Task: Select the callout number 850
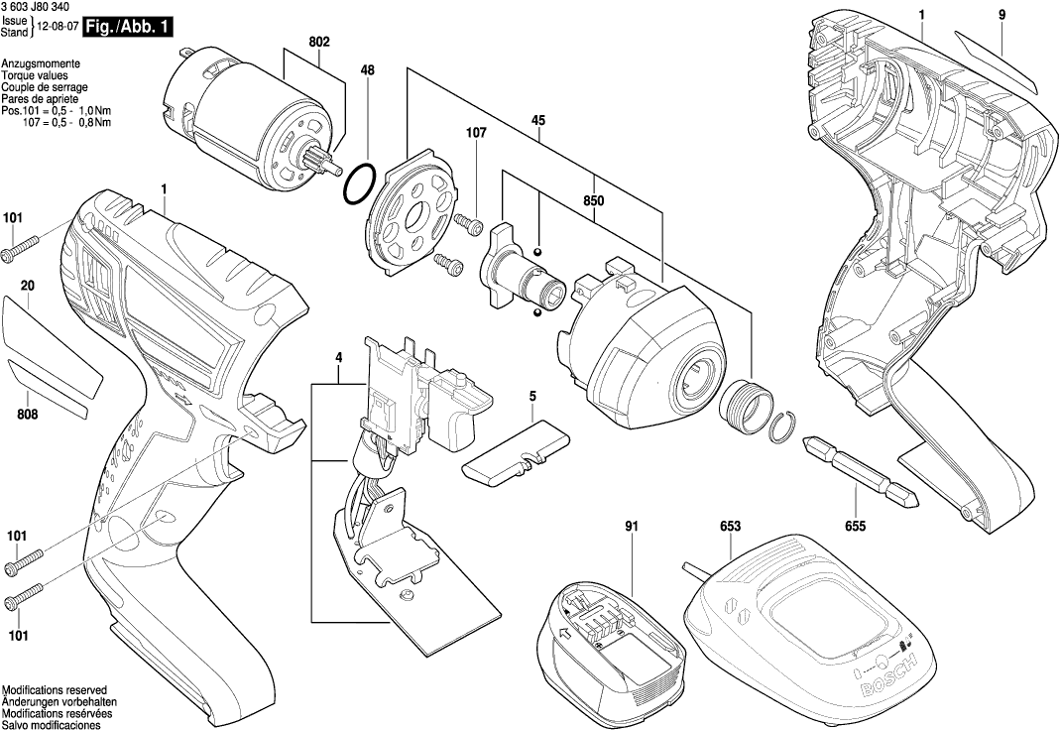tap(594, 199)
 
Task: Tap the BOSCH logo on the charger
tap(898, 679)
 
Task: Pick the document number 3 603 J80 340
tap(42, 8)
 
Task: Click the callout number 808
tap(27, 414)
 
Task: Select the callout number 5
tap(532, 397)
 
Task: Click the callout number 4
tap(338, 356)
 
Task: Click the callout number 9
tap(1001, 14)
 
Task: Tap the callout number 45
tap(537, 121)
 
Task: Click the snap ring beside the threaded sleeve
tap(781, 426)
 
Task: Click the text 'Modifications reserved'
tap(55, 689)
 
